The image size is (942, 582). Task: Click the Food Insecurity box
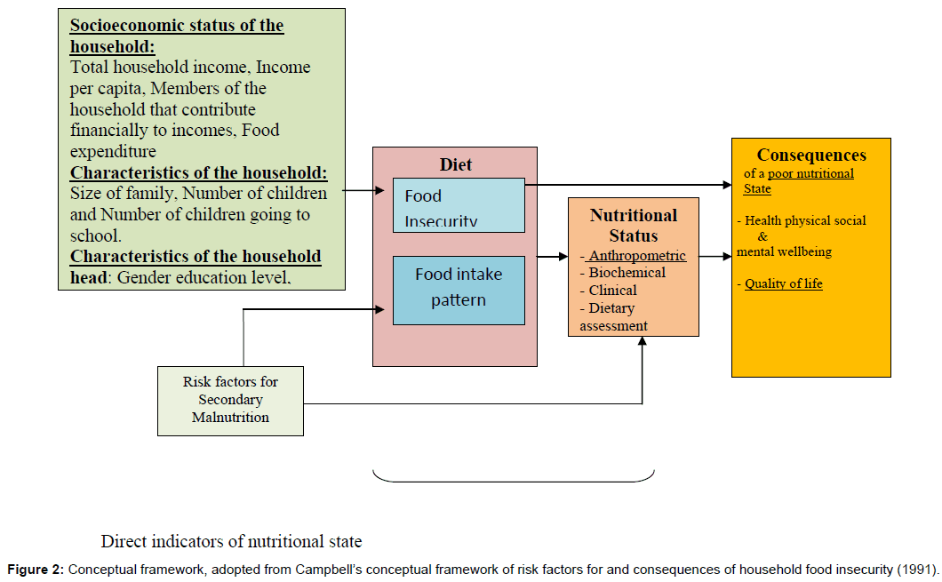[x=459, y=204]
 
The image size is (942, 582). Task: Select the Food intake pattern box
[x=459, y=290]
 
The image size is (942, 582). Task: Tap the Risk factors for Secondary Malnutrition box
[x=230, y=400]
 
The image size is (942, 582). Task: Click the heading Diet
[x=455, y=164]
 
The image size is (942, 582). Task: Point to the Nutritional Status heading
[x=633, y=226]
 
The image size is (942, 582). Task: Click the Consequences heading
[x=810, y=155]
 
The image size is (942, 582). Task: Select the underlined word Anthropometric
[x=636, y=256]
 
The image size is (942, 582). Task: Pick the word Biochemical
[x=626, y=273]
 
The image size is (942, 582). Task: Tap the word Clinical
[x=612, y=290]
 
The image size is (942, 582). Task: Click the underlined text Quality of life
[x=783, y=283]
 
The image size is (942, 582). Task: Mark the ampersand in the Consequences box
[x=762, y=236]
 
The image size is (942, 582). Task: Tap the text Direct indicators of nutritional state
[x=231, y=541]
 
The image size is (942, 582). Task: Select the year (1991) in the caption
[x=916, y=569]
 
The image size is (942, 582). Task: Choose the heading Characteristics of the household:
[x=199, y=172]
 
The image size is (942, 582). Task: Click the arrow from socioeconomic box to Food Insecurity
[x=358, y=190]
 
